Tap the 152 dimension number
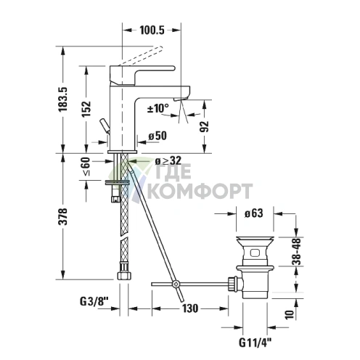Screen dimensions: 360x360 [x=86, y=109]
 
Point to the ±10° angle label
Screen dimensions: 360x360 [x=157, y=108]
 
